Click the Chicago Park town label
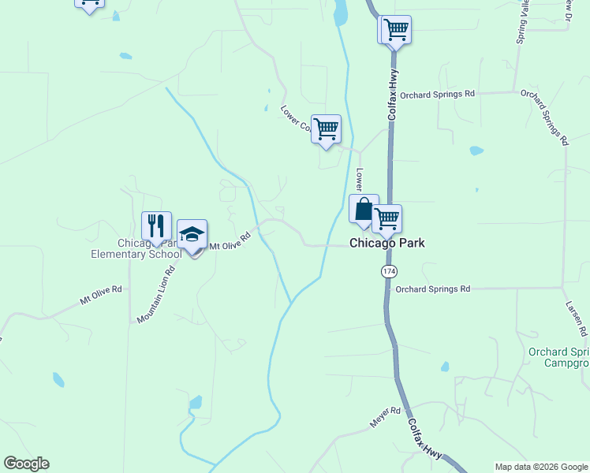(387, 243)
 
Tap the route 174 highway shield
(389, 271)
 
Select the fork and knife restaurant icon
(156, 225)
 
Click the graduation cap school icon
(192, 233)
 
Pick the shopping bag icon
(364, 209)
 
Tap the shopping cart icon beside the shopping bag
(386, 219)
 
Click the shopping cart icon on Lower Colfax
(326, 128)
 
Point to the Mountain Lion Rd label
(156, 295)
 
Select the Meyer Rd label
(386, 418)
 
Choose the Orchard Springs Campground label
(558, 357)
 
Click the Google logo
(26, 464)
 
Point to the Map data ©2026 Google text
(541, 467)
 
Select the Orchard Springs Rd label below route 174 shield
(432, 289)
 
